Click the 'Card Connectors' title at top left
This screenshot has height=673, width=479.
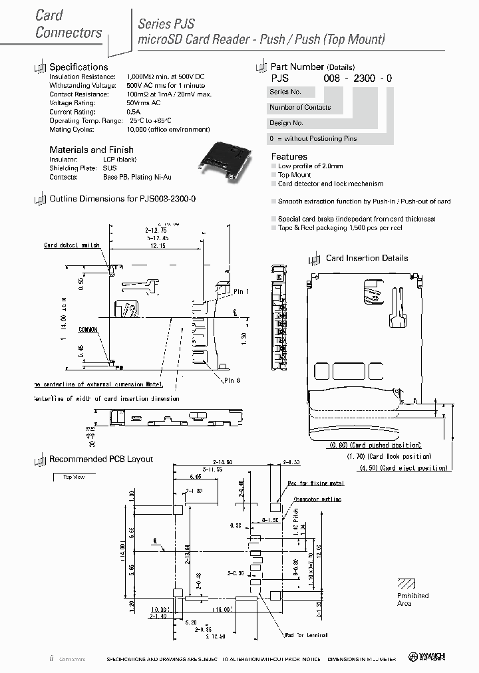[x=68, y=24]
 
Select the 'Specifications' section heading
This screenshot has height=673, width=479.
[x=79, y=67]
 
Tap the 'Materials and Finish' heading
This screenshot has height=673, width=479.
[x=91, y=150]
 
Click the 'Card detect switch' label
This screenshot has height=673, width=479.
[x=72, y=245]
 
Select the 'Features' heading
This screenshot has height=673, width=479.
[x=289, y=156]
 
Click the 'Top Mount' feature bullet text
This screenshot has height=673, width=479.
[x=294, y=175]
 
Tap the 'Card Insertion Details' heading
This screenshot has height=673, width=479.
[x=367, y=258]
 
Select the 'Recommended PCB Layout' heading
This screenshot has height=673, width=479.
[x=101, y=460]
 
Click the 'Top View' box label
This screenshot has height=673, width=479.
[x=74, y=477]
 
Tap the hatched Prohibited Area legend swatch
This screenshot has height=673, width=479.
[x=406, y=583]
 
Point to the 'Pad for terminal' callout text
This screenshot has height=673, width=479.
[x=307, y=635]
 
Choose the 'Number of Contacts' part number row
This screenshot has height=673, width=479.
[x=300, y=107]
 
